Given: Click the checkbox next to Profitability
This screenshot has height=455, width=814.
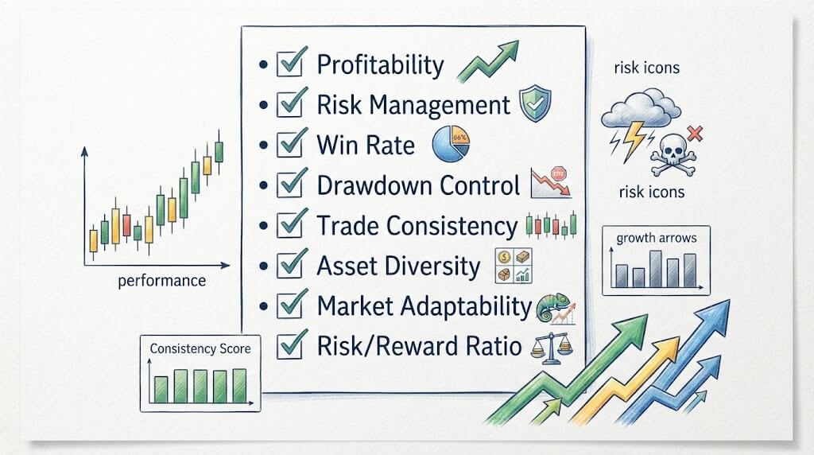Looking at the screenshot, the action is [x=289, y=64].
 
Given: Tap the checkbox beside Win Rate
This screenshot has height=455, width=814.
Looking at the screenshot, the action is [x=289, y=144].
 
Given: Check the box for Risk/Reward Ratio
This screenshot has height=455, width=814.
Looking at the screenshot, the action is [x=289, y=345].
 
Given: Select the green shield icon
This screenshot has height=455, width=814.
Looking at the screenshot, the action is [x=535, y=103].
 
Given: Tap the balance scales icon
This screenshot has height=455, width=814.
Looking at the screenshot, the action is [x=552, y=347].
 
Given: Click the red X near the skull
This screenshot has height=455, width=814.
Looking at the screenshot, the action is [x=695, y=134].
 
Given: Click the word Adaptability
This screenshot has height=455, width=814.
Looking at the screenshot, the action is [x=459, y=306].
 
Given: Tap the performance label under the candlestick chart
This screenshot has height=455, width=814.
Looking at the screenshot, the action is [x=162, y=281].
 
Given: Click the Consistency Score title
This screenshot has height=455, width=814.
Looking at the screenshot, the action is [x=200, y=348].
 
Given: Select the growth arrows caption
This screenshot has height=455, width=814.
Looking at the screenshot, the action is [x=656, y=239].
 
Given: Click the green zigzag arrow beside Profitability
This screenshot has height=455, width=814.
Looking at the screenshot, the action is [x=488, y=61].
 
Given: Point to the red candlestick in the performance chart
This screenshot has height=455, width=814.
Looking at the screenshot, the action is [x=126, y=224].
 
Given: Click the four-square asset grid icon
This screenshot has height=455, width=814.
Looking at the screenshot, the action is [x=514, y=266].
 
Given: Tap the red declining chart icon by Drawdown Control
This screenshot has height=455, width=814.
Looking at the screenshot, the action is [x=551, y=183].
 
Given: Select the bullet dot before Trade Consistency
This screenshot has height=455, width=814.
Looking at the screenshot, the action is [x=264, y=225].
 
